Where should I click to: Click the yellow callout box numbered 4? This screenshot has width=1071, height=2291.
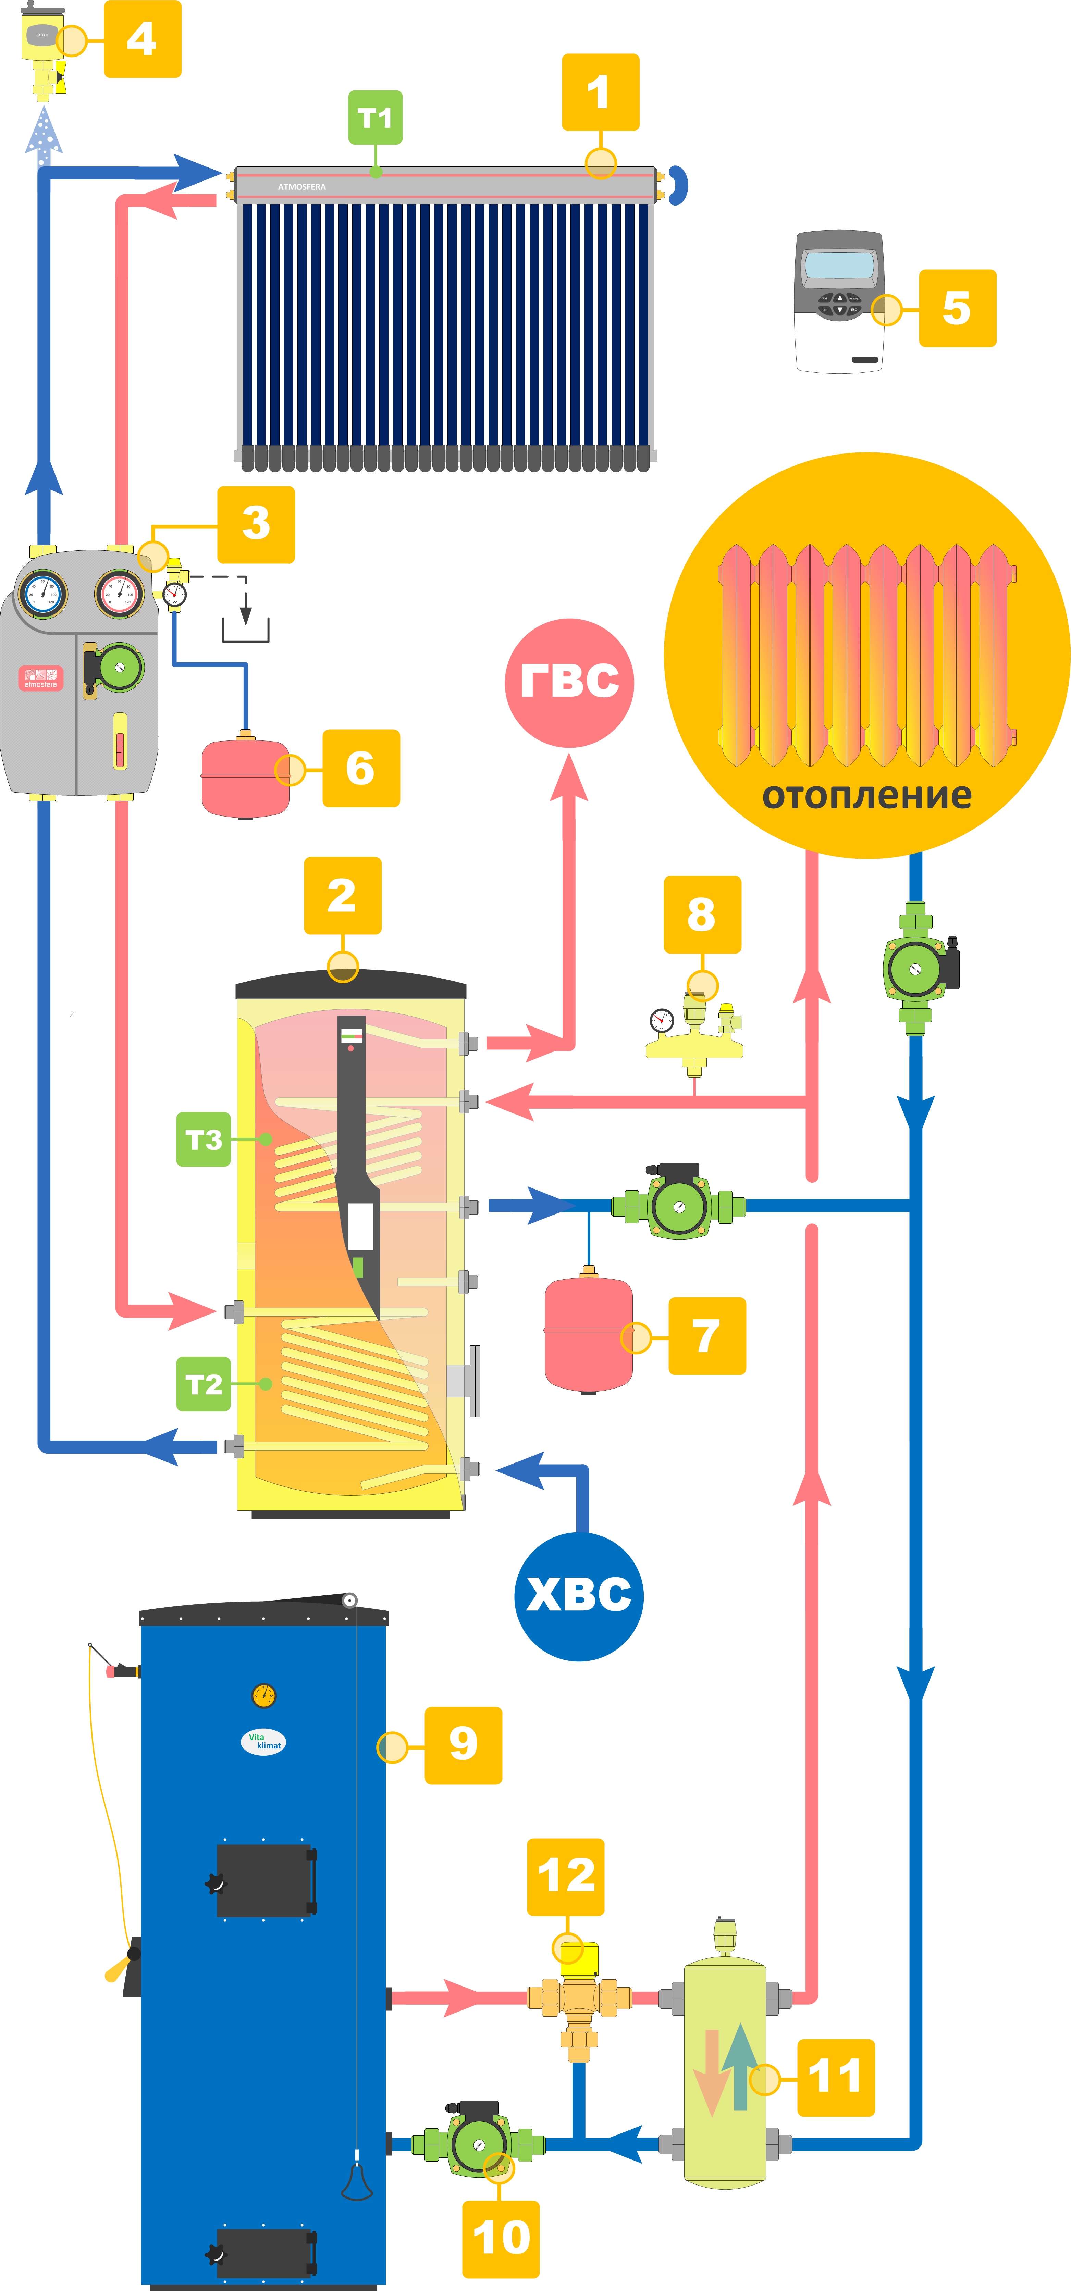coord(142,39)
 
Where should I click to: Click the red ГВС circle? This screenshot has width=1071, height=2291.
coord(569,682)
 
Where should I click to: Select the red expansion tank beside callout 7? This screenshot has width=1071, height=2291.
coord(588,1334)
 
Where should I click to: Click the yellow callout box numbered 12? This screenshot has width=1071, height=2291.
coord(566,1877)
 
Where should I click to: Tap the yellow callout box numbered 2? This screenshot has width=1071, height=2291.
coord(343,896)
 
